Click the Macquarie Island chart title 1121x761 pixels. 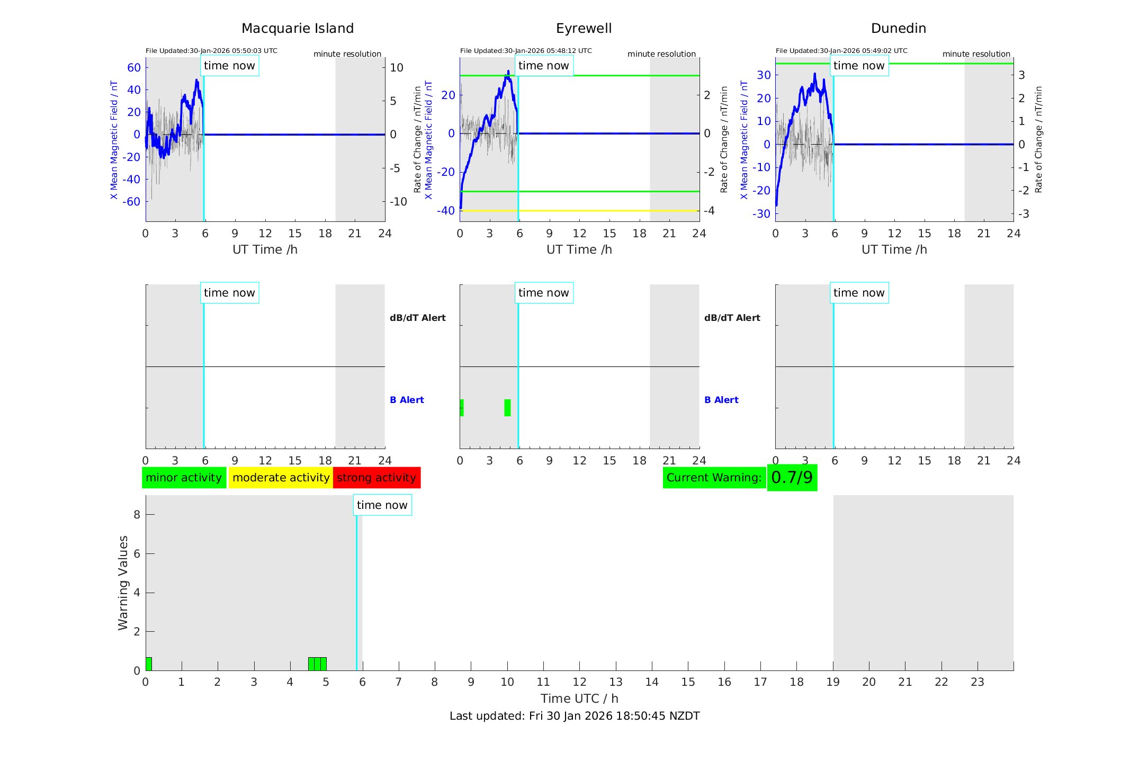(x=298, y=29)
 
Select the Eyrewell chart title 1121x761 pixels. (x=584, y=29)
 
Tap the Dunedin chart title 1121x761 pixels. (x=898, y=29)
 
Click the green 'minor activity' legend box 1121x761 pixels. (x=184, y=478)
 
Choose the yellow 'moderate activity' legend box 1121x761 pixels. (x=281, y=478)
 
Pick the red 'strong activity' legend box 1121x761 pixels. (x=376, y=478)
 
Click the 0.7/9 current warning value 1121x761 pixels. (x=792, y=478)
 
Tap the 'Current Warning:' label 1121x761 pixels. (x=714, y=478)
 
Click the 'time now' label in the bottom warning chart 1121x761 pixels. (x=382, y=505)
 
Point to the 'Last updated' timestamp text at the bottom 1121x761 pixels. (x=575, y=716)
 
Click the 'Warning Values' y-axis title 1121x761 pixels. (x=123, y=583)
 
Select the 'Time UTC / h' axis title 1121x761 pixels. (x=579, y=699)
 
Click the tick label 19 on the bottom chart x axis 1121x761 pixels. (x=833, y=682)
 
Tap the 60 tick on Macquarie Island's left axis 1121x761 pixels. (x=134, y=67)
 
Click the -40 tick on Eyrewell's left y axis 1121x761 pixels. (x=446, y=211)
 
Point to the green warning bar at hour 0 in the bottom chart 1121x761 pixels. (x=149, y=664)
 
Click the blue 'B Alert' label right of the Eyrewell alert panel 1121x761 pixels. (x=721, y=400)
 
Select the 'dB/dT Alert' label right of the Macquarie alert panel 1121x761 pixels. (x=417, y=318)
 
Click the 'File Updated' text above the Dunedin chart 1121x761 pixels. (x=841, y=51)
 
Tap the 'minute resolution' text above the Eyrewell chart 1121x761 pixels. (x=661, y=54)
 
